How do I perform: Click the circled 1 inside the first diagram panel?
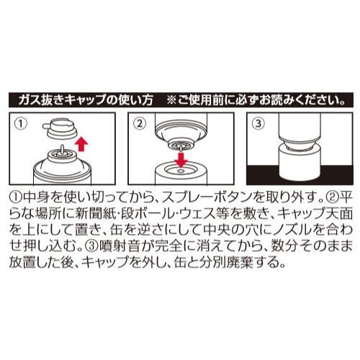[x=21, y=124]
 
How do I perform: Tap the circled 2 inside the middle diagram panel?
[x=140, y=124]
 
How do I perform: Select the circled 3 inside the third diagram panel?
[x=258, y=124]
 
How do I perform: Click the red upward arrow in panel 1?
[x=81, y=143]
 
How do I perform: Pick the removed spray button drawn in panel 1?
[x=60, y=130]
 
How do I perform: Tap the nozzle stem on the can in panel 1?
[x=62, y=150]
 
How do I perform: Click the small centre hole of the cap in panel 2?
[x=181, y=171]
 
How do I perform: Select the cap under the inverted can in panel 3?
[x=300, y=163]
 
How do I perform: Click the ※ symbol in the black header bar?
[x=171, y=100]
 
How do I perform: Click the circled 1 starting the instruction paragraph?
[x=15, y=197]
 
